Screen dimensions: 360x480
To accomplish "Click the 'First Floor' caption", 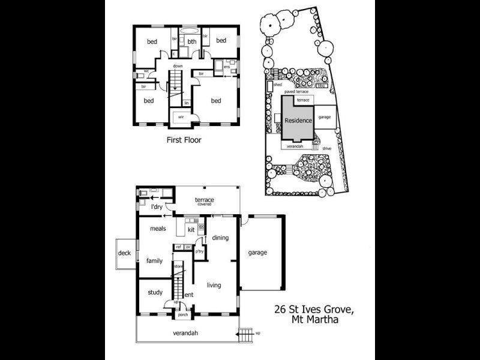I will pyautogui.click(x=184, y=140).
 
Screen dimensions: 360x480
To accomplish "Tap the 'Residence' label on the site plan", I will pyautogui.click(x=298, y=120).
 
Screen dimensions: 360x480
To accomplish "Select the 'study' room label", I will pyautogui.click(x=155, y=293).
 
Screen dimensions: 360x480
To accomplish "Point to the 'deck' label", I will pyautogui.click(x=124, y=253).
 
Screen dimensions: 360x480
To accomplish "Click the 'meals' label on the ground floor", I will pyautogui.click(x=158, y=229).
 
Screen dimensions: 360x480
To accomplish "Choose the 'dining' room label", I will pyautogui.click(x=220, y=238).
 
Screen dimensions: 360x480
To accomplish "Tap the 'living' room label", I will pyautogui.click(x=214, y=286).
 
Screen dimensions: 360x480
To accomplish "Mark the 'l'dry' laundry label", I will pyautogui.click(x=157, y=207).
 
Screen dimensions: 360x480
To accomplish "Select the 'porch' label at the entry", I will pyautogui.click(x=184, y=314).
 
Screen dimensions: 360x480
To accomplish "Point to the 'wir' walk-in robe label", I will pyautogui.click(x=179, y=117).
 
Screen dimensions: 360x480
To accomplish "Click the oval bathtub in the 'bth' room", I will pyautogui.click(x=191, y=30).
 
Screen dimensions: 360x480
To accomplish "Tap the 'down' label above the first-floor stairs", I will pyautogui.click(x=178, y=66).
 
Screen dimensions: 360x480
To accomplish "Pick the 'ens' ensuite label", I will pyautogui.click(x=227, y=67).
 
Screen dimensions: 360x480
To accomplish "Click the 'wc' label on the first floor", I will pyautogui.click(x=146, y=71).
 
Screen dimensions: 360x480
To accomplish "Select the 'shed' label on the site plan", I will pyautogui.click(x=277, y=85).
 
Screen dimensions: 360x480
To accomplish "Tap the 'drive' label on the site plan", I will pyautogui.click(x=327, y=148).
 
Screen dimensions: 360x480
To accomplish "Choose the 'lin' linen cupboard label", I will pyautogui.click(x=187, y=103).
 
